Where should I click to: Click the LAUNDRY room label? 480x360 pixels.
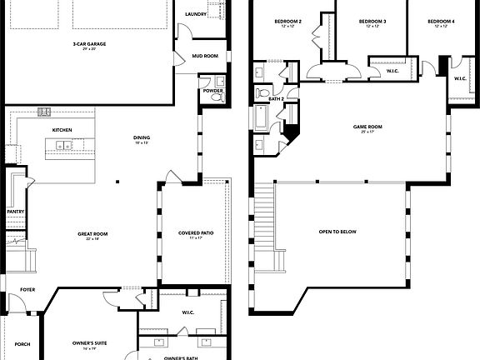(x=196, y=14)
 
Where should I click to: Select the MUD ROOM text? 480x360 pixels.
(x=205, y=56)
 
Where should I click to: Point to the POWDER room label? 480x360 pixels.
(x=212, y=91)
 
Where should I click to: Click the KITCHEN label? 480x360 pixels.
(x=62, y=131)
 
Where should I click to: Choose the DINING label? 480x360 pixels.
(x=142, y=138)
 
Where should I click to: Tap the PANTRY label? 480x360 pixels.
(x=15, y=212)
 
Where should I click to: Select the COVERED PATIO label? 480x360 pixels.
(x=196, y=233)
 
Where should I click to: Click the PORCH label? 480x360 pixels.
(x=22, y=344)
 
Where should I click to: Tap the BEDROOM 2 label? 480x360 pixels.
(x=288, y=21)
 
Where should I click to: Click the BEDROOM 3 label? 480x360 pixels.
(x=371, y=21)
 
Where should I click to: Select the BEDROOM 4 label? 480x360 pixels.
(x=441, y=21)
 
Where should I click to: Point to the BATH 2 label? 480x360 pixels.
(x=277, y=98)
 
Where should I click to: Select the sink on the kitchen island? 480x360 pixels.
(x=61, y=147)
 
